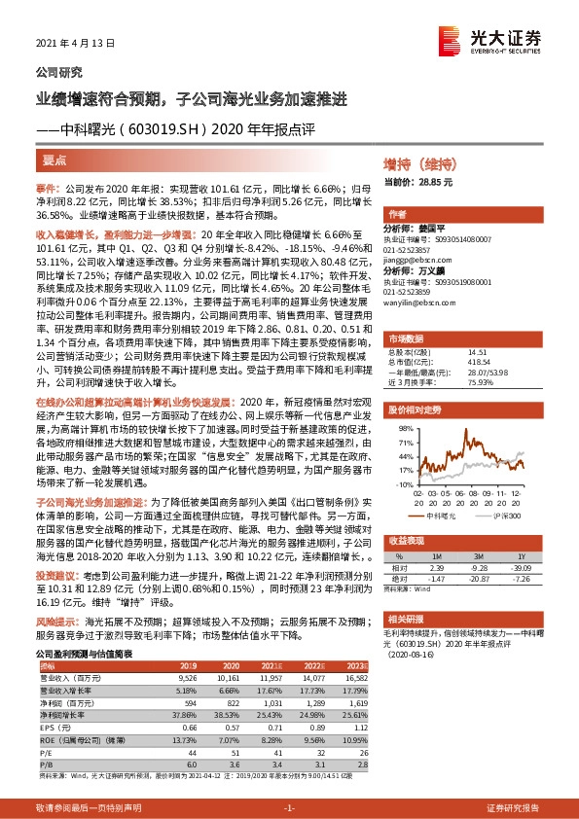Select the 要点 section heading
pos(54,159)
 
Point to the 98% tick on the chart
pos(404,427)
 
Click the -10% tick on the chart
pos(403,482)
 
